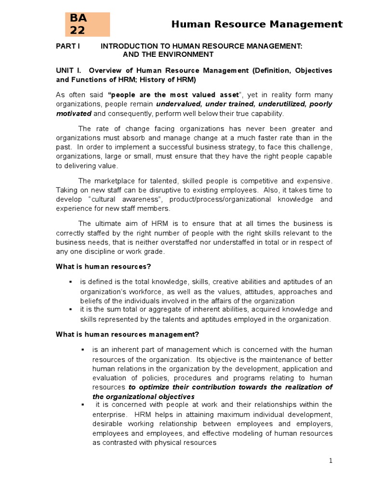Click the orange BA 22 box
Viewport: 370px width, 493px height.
click(88, 24)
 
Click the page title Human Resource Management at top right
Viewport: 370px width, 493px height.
click(257, 24)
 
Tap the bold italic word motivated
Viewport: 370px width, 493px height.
click(74, 114)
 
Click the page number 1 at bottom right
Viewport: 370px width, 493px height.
click(331, 461)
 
